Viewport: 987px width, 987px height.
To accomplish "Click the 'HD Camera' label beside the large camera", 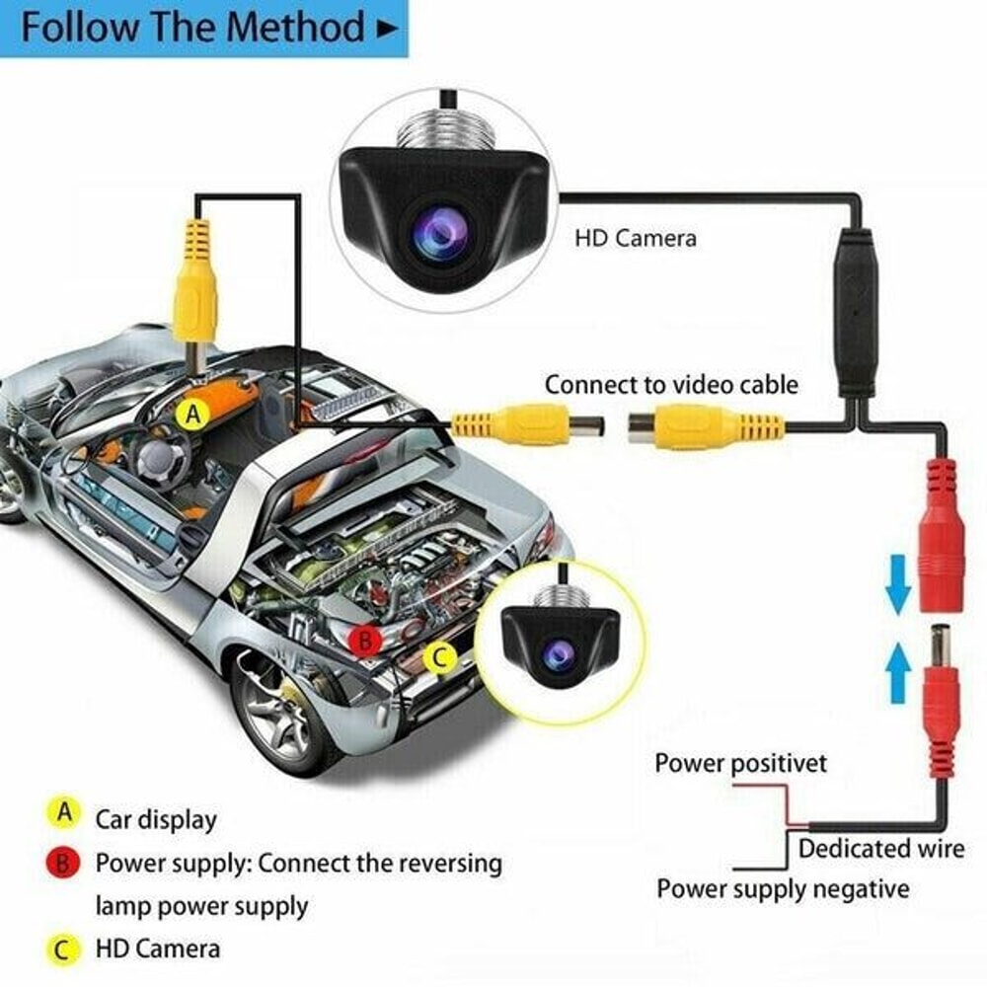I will pyautogui.click(x=636, y=238).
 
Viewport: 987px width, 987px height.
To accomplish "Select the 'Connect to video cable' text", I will pyautogui.click(x=671, y=384).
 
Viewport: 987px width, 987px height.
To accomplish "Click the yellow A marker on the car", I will pyautogui.click(x=193, y=416).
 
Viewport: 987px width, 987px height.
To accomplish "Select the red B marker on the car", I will pyautogui.click(x=366, y=641).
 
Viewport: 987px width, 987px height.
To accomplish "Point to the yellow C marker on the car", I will pyautogui.click(x=440, y=656).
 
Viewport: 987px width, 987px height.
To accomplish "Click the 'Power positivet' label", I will pyautogui.click(x=740, y=763).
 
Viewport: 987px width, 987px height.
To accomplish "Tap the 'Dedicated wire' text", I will pyautogui.click(x=881, y=848).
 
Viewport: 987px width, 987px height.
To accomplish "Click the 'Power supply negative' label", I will pyautogui.click(x=783, y=888).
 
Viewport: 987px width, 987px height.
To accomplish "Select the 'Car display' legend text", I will pyautogui.click(x=156, y=819).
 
